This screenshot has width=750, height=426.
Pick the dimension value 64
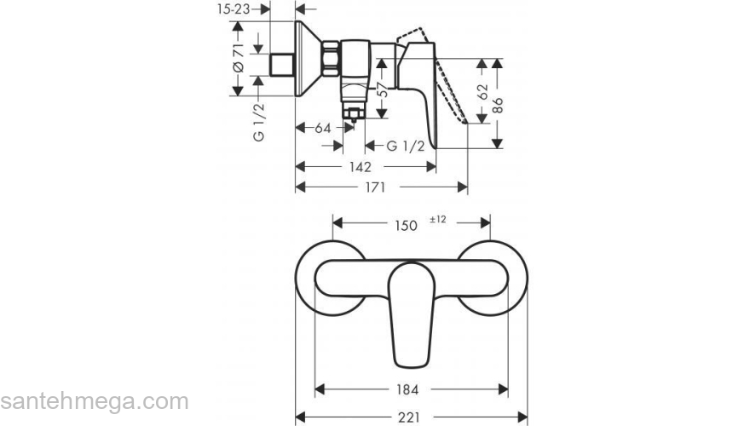pyautogui.click(x=322, y=128)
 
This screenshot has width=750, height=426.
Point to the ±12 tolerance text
pyautogui.click(x=438, y=220)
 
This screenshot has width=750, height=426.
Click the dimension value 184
pyautogui.click(x=407, y=389)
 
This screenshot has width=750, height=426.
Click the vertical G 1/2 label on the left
pyautogui.click(x=258, y=122)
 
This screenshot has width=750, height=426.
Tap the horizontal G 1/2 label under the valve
pyautogui.click(x=405, y=146)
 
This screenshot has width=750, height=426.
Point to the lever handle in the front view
pyautogui.click(x=412, y=307)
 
